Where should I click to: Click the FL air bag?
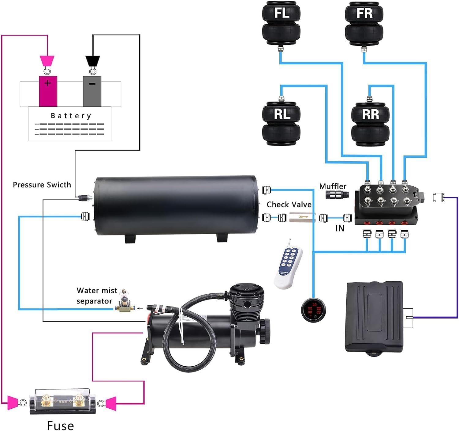281,24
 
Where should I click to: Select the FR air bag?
364,24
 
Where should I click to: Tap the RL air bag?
281,123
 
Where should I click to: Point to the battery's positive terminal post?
48,91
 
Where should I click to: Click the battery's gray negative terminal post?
92,91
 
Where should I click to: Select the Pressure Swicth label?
42,185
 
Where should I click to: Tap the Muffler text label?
333,186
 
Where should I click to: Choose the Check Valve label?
289,204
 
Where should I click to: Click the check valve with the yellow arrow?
302,218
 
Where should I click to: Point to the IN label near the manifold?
340,228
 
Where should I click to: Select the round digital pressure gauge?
313,309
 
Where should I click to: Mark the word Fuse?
60,425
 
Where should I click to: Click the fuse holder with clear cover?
62,402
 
